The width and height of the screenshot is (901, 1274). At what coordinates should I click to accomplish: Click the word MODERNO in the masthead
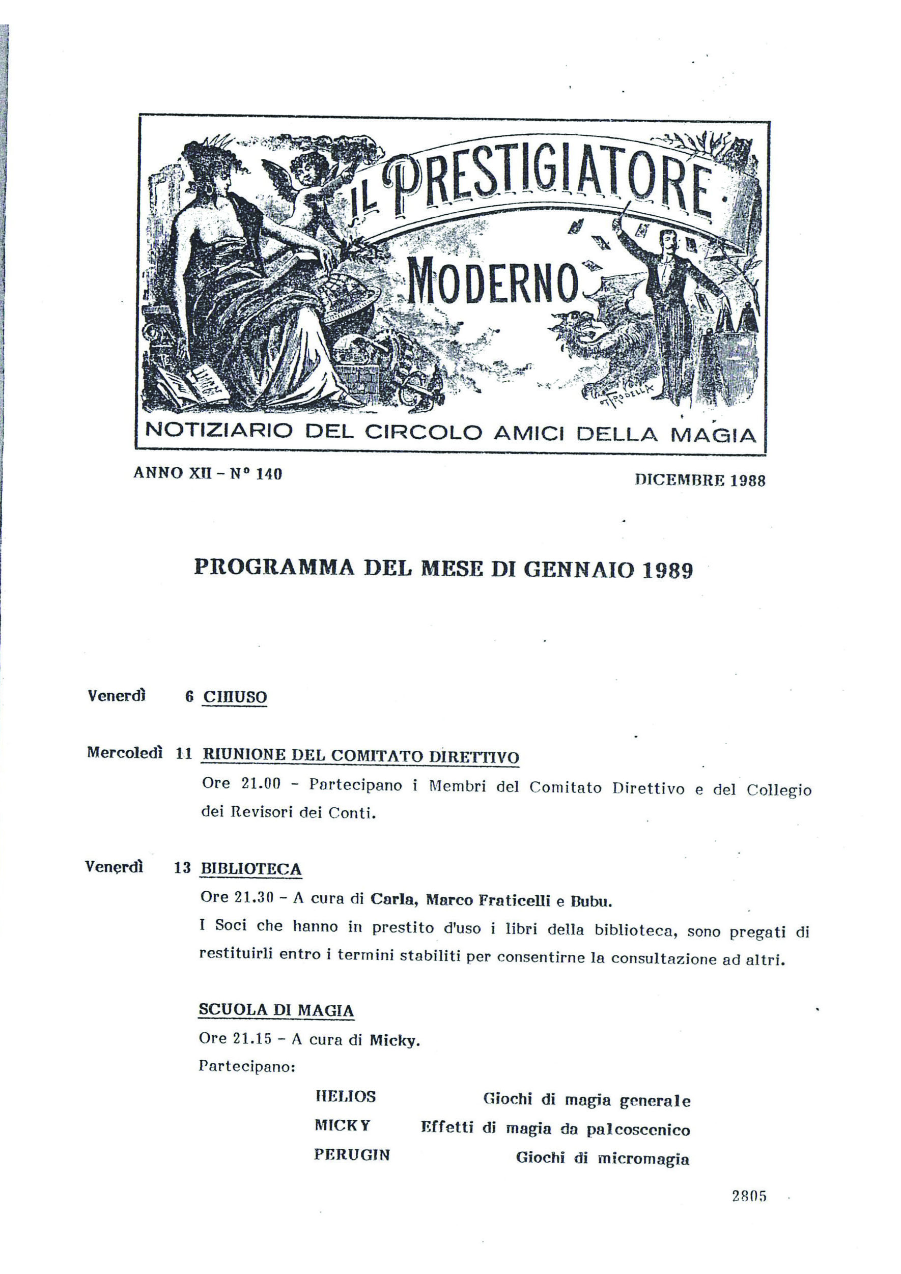click(491, 285)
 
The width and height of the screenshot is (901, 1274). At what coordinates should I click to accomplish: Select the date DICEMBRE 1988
click(699, 480)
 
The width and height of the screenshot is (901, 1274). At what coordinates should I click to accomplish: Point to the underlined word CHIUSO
click(235, 697)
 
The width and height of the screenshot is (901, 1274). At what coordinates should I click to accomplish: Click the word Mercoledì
click(125, 752)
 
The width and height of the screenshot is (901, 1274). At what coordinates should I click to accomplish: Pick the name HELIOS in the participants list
click(345, 1096)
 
